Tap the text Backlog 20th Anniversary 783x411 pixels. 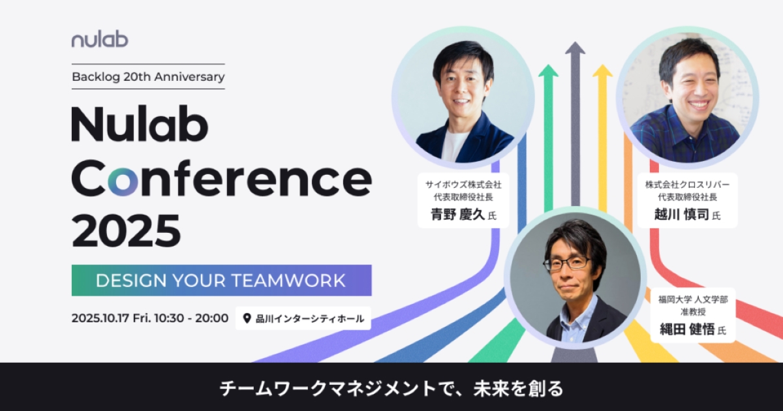click(148, 77)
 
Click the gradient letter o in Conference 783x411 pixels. click(123, 181)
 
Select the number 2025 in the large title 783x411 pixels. click(126, 231)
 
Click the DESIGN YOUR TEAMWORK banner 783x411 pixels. click(222, 281)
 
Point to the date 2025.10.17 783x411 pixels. click(100, 318)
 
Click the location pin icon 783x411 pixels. click(247, 318)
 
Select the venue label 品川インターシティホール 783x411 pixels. click(310, 319)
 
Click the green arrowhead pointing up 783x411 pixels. click(548, 70)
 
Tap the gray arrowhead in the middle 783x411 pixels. click(575, 48)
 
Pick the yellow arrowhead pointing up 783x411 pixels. click(602, 70)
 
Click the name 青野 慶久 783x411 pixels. click(457, 214)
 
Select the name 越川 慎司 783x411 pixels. click(682, 214)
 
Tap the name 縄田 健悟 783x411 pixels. click(687, 329)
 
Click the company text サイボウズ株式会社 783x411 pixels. click(463, 185)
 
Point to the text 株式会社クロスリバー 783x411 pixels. click(687, 185)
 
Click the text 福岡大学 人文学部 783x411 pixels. click(693, 299)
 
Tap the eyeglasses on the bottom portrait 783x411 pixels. click(567, 264)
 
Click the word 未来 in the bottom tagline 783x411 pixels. click(491, 389)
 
